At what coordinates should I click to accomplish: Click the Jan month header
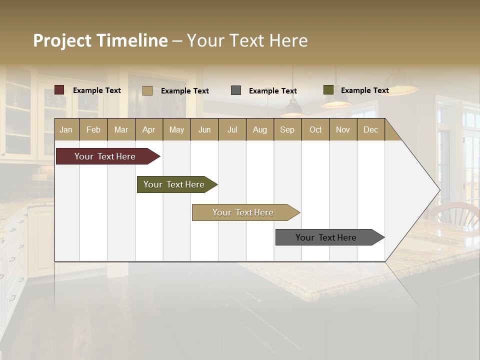66,130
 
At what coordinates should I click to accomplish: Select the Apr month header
148,130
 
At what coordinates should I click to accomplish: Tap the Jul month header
232,130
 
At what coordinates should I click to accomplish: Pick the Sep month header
287,130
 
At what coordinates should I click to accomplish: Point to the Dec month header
370,130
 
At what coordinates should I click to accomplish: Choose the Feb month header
93,130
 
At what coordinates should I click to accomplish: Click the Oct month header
315,130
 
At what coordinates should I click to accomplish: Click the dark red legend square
59,90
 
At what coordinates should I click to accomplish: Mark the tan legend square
147,90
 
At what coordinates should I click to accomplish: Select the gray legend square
236,90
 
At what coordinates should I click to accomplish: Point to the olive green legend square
328,90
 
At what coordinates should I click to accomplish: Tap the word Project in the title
62,40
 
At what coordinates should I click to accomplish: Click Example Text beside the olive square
364,90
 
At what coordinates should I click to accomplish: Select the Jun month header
204,130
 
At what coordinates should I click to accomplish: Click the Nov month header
343,130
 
